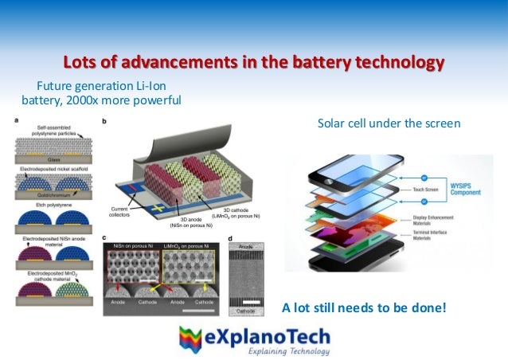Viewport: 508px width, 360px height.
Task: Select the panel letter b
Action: [x=106, y=121]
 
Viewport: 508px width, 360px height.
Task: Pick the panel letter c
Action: [x=106, y=237]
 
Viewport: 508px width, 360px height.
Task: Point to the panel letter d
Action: [x=230, y=237]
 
